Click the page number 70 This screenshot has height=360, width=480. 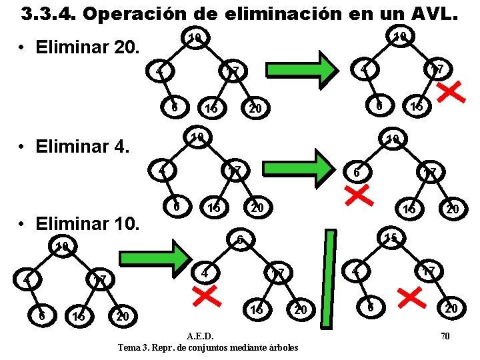tap(445, 336)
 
